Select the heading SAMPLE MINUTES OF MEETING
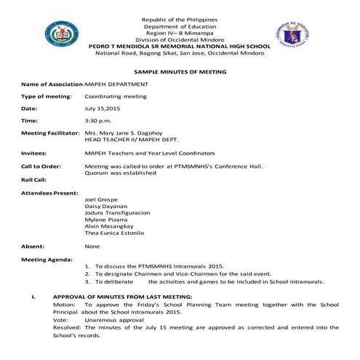(x=180, y=72)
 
